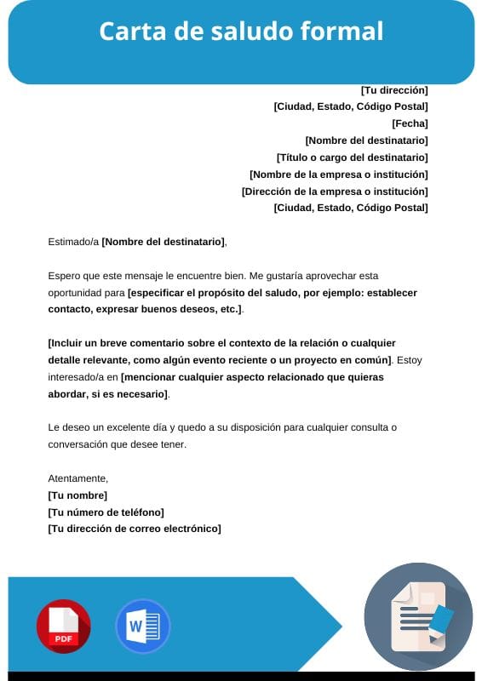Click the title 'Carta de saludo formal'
pos(241,31)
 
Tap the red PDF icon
pos(63,627)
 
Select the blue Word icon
pos(142,627)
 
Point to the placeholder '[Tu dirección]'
pos(394,89)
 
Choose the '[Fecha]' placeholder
pos(410,123)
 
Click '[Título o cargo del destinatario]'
pos(352,157)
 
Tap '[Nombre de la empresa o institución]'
pos(338,175)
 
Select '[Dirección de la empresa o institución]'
pos(335,192)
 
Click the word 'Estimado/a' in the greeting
pos(73,242)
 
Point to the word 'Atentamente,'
pos(78,478)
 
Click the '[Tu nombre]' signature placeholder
pos(77,495)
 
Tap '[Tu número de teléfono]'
pos(106,512)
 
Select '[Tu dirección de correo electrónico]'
pos(135,529)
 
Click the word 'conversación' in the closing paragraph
pos(77,444)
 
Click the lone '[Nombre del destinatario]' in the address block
pos(366,140)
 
